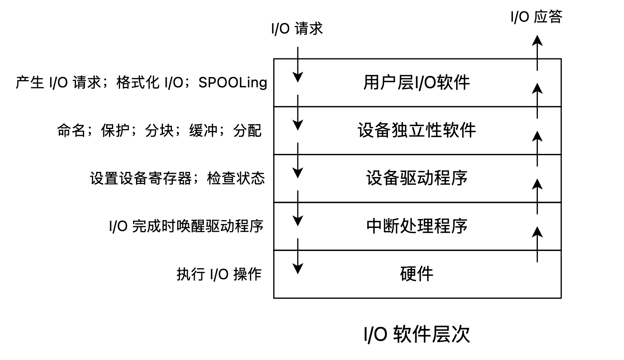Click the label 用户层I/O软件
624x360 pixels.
tap(417, 82)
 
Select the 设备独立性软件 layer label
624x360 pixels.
tap(417, 130)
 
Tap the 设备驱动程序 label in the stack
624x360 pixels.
tap(417, 178)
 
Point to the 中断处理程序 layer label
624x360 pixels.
tap(417, 226)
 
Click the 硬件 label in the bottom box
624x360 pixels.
tap(417, 274)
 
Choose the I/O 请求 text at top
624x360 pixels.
tap(297, 29)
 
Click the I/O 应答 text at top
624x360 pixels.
tap(537, 17)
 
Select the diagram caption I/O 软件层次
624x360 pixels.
tap(417, 334)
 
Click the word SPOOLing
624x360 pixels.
tap(233, 83)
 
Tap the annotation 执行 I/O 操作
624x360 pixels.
tap(219, 274)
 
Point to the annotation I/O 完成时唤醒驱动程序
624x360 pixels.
tap(186, 226)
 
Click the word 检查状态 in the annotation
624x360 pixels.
tap(236, 178)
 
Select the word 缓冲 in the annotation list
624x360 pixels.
tap(203, 130)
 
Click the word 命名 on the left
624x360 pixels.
tap(71, 130)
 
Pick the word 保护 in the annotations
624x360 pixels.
tap(115, 130)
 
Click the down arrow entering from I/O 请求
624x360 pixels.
tap(298, 64)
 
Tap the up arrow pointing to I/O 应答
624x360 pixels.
tap(537, 53)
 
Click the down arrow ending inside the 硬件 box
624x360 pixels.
tap(298, 256)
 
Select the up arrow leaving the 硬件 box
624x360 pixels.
tap(537, 244)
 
